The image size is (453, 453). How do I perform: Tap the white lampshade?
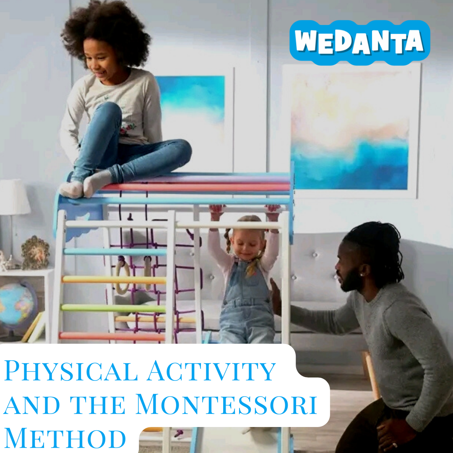[13, 197]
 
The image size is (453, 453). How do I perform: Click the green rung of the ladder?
[113, 308]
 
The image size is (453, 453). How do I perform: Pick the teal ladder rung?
[115, 252]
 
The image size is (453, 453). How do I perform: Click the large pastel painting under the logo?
[350, 130]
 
